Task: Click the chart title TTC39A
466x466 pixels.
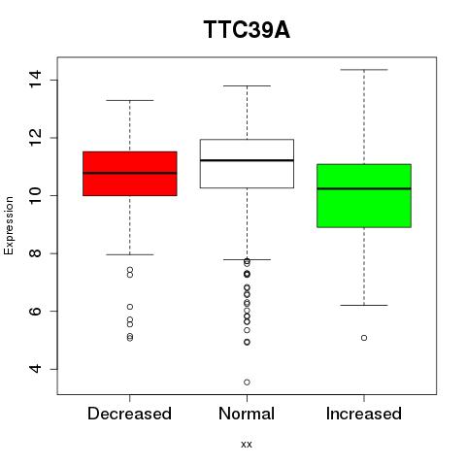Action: point(247,30)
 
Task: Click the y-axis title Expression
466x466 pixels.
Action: point(9,225)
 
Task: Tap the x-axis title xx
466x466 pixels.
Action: point(247,445)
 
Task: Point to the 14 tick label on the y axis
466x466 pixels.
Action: point(35,79)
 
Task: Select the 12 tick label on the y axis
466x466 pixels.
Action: point(35,137)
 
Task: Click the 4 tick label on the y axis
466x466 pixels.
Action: point(35,369)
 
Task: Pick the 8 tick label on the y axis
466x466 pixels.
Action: point(35,253)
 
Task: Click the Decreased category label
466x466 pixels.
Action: point(129,414)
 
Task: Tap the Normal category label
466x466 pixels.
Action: point(247,414)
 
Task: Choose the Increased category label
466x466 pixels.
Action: point(364,414)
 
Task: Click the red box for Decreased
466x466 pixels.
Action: point(130,174)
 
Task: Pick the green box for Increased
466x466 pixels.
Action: point(364,196)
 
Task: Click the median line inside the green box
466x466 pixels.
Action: point(364,188)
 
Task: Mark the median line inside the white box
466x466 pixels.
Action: point(247,160)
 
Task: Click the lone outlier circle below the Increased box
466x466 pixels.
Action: point(364,338)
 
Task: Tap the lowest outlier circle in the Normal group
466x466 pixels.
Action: point(247,383)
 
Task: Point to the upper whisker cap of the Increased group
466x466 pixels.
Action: point(364,70)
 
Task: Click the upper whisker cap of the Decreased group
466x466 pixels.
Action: point(130,100)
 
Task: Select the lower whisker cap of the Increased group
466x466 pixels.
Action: point(364,305)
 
